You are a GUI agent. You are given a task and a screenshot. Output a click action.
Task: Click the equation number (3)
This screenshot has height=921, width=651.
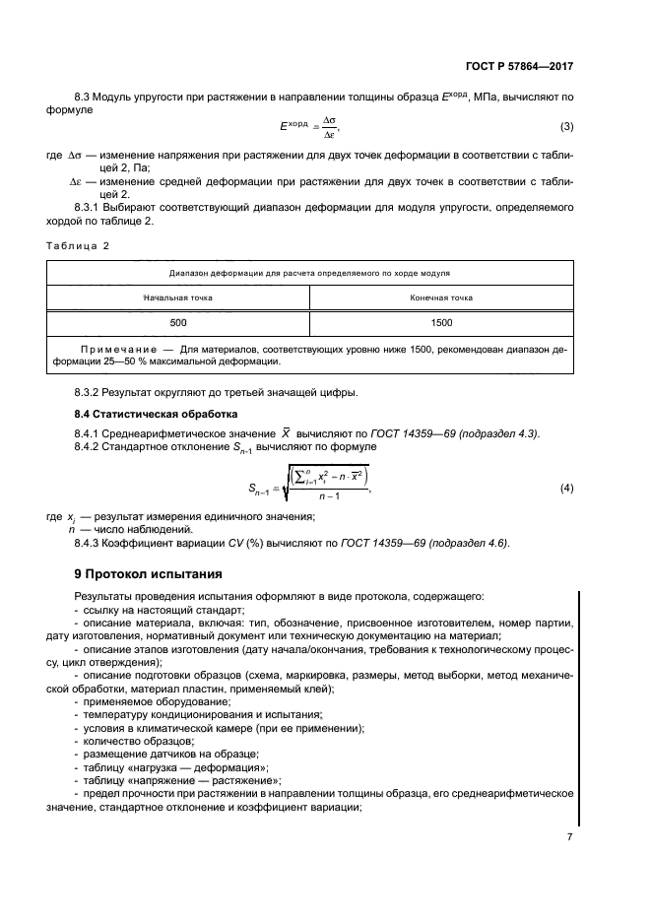point(566,126)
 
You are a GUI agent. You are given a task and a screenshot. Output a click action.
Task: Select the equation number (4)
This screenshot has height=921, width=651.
point(566,489)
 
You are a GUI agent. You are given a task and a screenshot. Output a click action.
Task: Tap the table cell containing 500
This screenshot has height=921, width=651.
point(177,322)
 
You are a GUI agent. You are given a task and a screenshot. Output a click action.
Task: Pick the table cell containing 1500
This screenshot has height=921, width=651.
point(441,322)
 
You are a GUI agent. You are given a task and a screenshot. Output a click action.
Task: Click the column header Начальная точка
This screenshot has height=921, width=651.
point(177,296)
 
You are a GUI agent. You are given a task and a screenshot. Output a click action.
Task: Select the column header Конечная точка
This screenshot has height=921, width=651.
point(441,296)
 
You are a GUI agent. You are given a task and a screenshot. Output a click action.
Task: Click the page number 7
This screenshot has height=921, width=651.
point(569,835)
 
